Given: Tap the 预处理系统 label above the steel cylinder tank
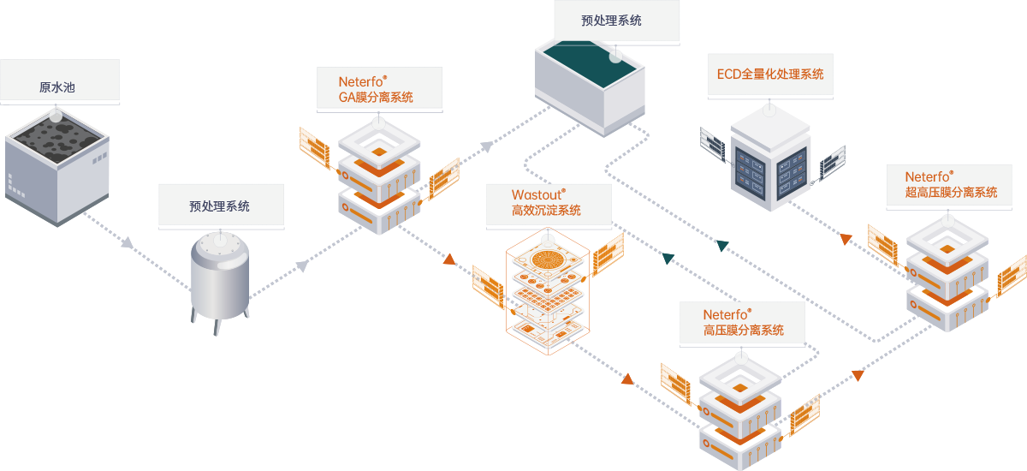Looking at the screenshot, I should (x=220, y=206).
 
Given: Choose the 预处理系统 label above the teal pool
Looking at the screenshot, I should (x=611, y=20).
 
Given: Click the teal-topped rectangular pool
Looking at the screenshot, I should (x=591, y=86).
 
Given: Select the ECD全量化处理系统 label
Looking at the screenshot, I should (x=770, y=75).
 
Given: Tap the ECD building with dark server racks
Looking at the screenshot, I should (x=769, y=163).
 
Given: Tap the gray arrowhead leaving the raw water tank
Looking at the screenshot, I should (x=127, y=244).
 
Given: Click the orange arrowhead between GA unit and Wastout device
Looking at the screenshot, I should (x=448, y=259).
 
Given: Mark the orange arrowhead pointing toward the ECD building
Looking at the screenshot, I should (x=846, y=237).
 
